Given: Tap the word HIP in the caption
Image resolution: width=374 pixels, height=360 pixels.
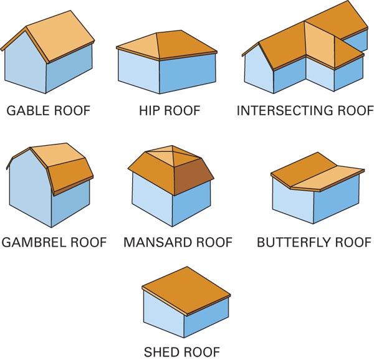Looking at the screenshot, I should click(150, 111).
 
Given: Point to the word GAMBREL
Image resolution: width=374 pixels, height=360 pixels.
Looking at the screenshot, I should click(32, 242).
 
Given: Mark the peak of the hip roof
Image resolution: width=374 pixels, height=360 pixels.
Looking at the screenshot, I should click(158, 32).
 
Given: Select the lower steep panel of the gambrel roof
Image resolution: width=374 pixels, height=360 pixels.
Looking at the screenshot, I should click(71, 178).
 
